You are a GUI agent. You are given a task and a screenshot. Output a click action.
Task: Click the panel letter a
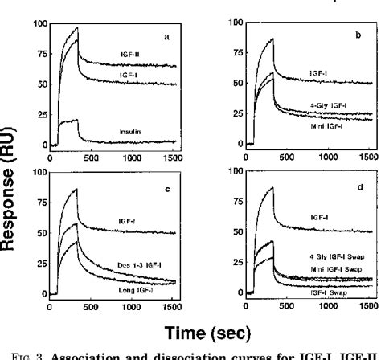click(x=166, y=37)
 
